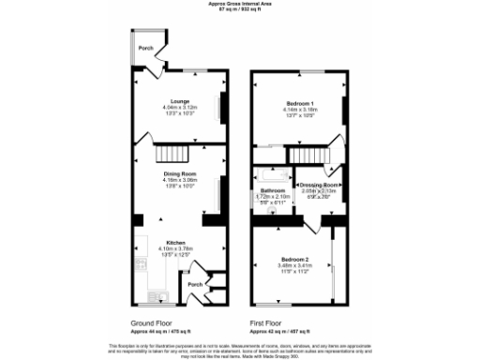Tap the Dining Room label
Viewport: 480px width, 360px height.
178,172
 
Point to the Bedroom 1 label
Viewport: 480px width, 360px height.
299,102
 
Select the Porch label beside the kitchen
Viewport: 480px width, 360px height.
195,284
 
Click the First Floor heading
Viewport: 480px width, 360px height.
266,322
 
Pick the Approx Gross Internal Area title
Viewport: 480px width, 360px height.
239,4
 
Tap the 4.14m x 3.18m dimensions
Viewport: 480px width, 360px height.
299,108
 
